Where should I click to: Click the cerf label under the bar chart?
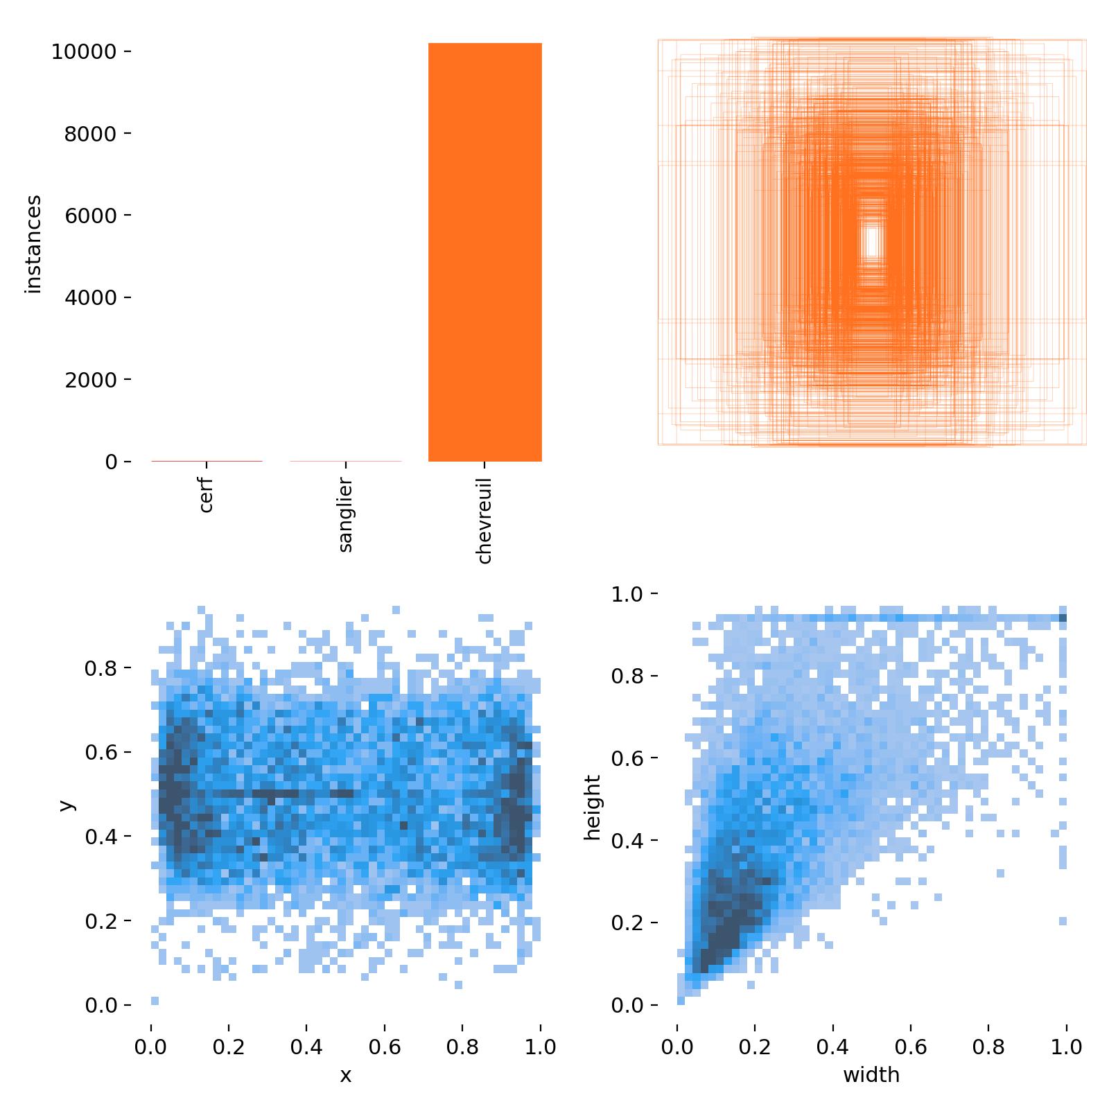tap(206, 494)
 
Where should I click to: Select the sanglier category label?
tap(346, 514)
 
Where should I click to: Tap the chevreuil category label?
tap(484, 521)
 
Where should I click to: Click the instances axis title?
tap(33, 245)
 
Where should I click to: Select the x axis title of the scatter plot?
tap(345, 1075)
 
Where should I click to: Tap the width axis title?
tap(871, 1075)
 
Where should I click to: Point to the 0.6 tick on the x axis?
tap(385, 1047)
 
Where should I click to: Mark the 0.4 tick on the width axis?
tap(832, 1047)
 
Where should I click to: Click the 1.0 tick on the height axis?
tap(627, 594)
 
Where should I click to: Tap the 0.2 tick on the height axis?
tap(627, 923)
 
